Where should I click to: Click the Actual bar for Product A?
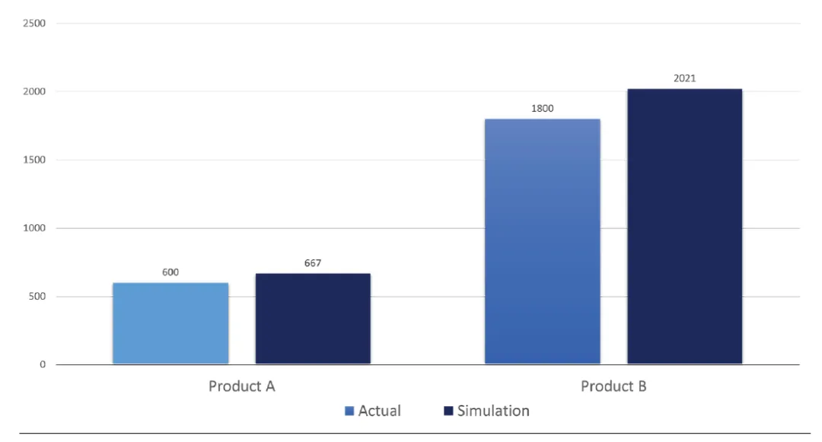[170, 323]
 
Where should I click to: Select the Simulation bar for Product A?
[313, 319]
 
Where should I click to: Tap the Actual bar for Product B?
[542, 241]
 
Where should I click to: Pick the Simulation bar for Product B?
[684, 227]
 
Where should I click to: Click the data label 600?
[170, 272]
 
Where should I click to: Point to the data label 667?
[313, 263]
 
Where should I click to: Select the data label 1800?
[542, 108]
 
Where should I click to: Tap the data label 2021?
[684, 78]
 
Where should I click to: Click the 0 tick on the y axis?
[43, 364]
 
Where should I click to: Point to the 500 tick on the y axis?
[38, 297]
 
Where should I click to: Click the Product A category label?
[242, 386]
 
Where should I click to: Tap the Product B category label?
[613, 386]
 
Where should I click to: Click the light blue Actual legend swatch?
[349, 411]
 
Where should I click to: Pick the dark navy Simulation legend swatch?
[448, 411]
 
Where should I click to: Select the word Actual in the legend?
[379, 411]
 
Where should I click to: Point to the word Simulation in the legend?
[493, 411]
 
